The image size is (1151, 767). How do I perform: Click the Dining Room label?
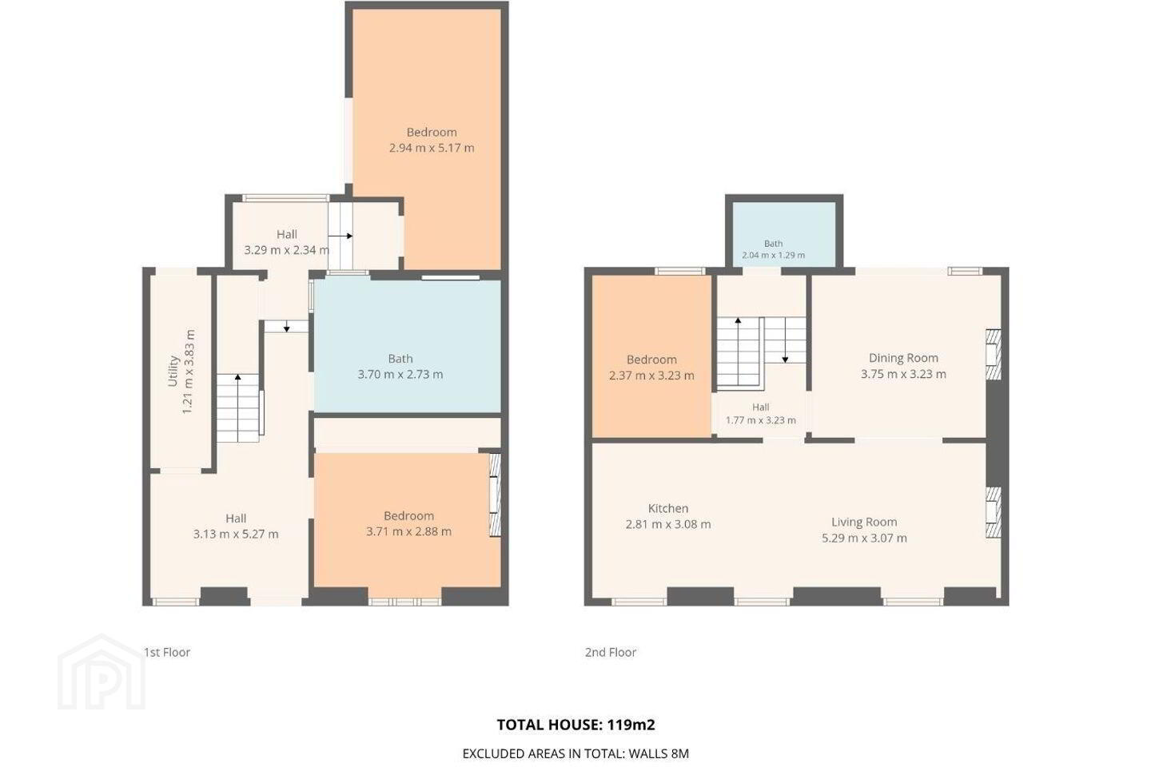(x=903, y=358)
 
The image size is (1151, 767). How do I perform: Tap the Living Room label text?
(x=864, y=522)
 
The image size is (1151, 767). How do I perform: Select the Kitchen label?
(x=668, y=508)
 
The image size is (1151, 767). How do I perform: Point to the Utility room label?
(x=173, y=371)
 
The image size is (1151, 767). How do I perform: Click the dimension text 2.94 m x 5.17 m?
(x=432, y=148)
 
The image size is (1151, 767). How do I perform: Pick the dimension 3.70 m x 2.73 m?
(x=400, y=375)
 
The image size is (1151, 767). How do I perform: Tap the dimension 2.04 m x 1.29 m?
(x=774, y=255)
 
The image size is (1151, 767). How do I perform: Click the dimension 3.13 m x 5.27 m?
(x=236, y=535)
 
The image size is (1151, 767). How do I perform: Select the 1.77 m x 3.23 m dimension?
(x=760, y=420)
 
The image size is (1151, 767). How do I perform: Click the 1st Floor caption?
(x=167, y=653)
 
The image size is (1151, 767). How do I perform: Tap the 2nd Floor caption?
(x=611, y=653)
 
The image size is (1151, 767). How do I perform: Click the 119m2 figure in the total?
(x=631, y=725)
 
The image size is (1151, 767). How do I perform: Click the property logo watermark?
(x=102, y=673)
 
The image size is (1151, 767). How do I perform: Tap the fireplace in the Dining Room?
(x=994, y=355)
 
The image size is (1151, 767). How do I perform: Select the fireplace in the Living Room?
(x=994, y=512)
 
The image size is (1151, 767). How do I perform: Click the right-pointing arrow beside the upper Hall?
(x=341, y=236)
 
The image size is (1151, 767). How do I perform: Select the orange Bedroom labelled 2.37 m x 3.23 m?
(x=651, y=357)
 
